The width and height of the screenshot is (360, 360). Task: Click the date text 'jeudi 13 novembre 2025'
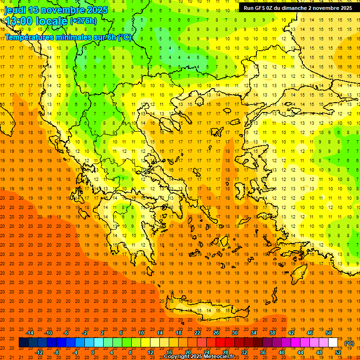pos(56,10)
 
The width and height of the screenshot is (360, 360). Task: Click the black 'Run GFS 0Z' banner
pos(298,8)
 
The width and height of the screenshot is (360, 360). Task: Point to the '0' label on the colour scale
pos(92,352)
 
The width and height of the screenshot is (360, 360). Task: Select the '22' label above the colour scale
pos(197,333)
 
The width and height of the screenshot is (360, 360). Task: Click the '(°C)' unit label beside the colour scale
pos(349,343)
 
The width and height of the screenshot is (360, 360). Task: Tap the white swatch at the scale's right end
pos(333,343)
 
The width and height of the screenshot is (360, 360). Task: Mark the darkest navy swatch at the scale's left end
pos(23,343)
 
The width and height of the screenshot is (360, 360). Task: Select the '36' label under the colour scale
pos(262,352)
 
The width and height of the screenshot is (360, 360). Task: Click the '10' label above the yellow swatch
pos(141,333)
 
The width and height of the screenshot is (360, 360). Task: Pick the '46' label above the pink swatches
pos(310,333)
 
